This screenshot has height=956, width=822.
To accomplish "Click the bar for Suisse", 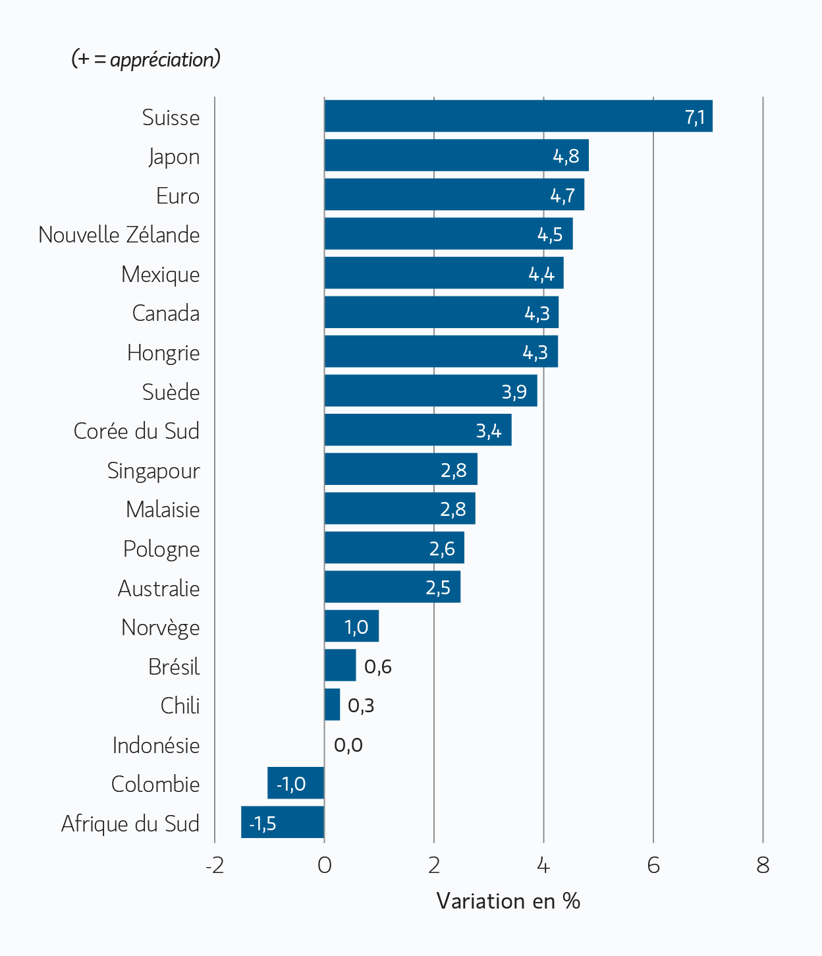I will (x=518, y=116).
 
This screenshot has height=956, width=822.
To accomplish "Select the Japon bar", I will (x=456, y=155).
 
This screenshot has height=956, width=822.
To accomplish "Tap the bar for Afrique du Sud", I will (x=283, y=822).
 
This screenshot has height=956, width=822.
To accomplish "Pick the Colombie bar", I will (x=296, y=783).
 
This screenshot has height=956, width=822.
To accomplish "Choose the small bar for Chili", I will (x=332, y=704).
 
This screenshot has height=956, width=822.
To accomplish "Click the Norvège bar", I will (x=351, y=626).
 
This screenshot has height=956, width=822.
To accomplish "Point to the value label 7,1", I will (x=695, y=117).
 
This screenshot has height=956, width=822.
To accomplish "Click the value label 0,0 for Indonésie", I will (x=348, y=745).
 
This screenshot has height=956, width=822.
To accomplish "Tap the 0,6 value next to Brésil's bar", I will (x=377, y=667).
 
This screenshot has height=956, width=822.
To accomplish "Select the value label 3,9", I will (x=514, y=392).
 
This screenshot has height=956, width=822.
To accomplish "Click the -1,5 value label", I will (x=262, y=824).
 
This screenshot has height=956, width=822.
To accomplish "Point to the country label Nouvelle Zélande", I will (x=119, y=235).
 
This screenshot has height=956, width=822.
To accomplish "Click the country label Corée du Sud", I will (x=136, y=431).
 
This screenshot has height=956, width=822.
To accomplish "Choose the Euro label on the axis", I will (x=178, y=196).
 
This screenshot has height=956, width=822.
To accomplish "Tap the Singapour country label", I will (x=153, y=470).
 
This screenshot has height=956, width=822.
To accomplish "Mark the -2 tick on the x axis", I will (x=215, y=865).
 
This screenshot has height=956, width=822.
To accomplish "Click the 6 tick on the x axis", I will (x=653, y=865).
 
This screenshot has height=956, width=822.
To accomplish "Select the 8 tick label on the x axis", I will (x=763, y=865).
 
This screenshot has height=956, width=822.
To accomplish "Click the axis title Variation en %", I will (x=508, y=901).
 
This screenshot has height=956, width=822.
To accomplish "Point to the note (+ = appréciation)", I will (x=146, y=59).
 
